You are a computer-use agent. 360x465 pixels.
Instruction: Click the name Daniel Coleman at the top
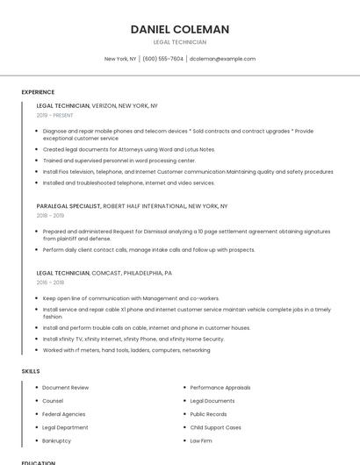pos(179,29)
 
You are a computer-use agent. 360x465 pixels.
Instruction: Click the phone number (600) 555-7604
pos(162,59)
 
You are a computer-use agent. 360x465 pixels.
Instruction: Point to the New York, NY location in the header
pos(120,59)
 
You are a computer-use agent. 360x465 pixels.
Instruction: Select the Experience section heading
pos(38,92)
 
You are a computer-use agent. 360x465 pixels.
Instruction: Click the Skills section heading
pos(31,371)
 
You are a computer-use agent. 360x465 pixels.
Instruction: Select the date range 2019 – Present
pos(55,115)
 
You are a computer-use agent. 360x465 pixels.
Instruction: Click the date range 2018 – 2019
pos(51,215)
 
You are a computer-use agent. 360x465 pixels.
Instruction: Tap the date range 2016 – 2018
pos(51,283)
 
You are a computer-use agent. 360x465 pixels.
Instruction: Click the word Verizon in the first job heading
pos(110,105)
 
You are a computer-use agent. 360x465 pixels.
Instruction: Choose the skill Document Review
pos(66,387)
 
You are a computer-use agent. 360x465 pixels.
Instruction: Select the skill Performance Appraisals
pos(220,387)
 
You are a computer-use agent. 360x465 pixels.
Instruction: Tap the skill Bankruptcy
pos(57,440)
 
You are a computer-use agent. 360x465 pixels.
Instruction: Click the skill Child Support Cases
pos(216,427)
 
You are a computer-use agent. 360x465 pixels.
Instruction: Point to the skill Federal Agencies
pos(64,414)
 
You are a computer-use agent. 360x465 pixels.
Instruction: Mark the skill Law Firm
pos(201,440)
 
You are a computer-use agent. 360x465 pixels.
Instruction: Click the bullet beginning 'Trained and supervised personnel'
pos(119,161)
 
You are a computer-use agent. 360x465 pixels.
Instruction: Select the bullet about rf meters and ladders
pos(126,350)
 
